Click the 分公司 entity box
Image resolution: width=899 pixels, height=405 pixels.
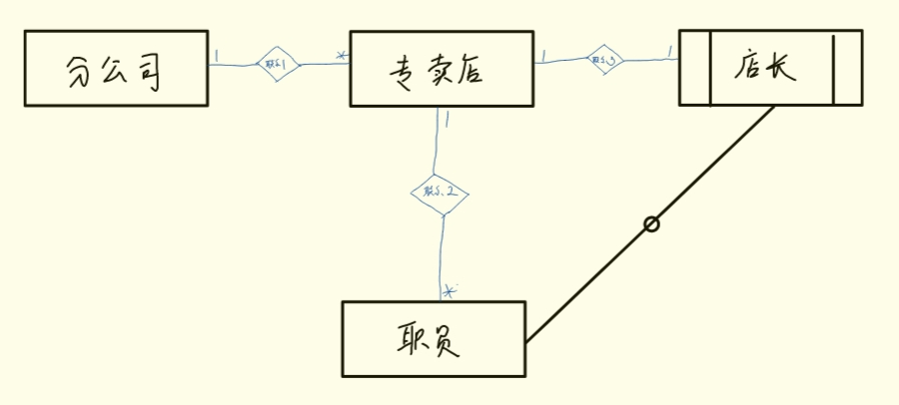pyautogui.click(x=114, y=69)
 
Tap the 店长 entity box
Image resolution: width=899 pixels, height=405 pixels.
pyautogui.click(x=770, y=68)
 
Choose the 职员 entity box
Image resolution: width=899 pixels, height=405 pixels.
pyautogui.click(x=433, y=339)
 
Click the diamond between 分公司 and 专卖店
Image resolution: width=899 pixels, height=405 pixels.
pyautogui.click(x=278, y=65)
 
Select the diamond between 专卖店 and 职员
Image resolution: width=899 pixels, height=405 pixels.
pyautogui.click(x=440, y=191)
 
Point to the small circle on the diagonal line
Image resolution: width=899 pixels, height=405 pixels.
pyautogui.click(x=651, y=224)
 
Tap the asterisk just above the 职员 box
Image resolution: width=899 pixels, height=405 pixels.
pyautogui.click(x=449, y=291)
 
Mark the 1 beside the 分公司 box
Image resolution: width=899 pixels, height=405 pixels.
pyautogui.click(x=217, y=52)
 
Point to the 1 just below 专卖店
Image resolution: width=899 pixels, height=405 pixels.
pyautogui.click(x=447, y=120)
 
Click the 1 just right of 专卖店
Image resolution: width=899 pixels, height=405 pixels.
pyautogui.click(x=542, y=56)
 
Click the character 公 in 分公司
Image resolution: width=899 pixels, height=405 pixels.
pyautogui.click(x=116, y=71)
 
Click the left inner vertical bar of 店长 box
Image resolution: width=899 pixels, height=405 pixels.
pyautogui.click(x=710, y=68)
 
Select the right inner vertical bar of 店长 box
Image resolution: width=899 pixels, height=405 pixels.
pyautogui.click(x=833, y=68)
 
